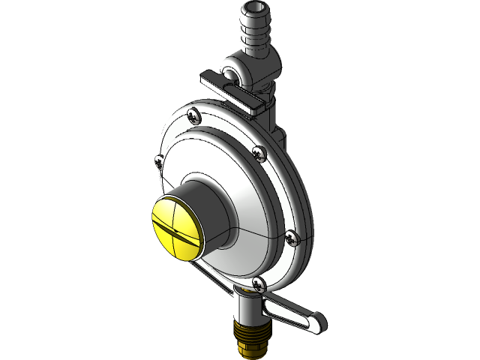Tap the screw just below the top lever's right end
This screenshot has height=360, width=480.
coord(259,153)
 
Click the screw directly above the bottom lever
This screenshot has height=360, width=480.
coord(259,283)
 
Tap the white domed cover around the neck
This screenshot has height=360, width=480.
coord(240,180)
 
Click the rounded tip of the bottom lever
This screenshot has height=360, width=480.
coord(318,323)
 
